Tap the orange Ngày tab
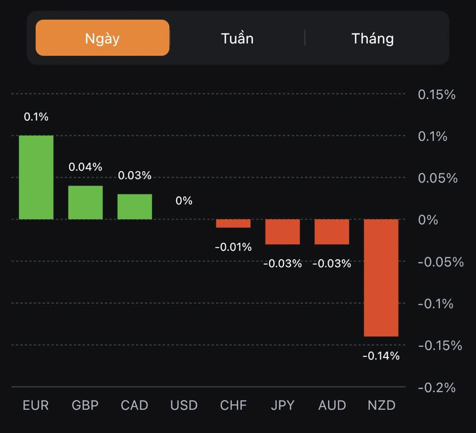[102, 38]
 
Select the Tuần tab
[237, 38]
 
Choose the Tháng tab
[372, 38]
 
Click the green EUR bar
[36, 178]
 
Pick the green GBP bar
[86, 203]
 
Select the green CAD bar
[135, 207]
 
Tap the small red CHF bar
[233, 223]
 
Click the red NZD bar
[381, 278]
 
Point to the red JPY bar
[283, 232]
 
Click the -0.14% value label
[381, 356]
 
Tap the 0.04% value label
[86, 167]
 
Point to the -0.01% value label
[233, 247]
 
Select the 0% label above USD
[184, 201]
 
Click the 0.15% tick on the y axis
[436, 95]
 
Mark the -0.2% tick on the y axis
[436, 387]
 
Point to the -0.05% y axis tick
[440, 262]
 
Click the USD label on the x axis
[184, 405]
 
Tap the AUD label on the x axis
[332, 405]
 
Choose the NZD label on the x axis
[381, 405]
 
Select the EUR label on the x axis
[36, 405]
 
